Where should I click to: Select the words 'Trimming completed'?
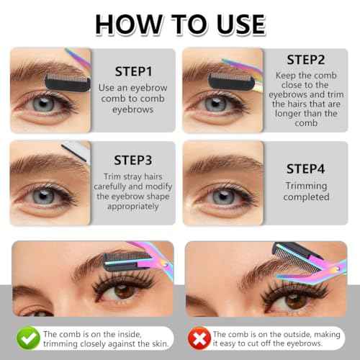[305, 192]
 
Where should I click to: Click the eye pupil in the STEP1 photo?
[44, 104]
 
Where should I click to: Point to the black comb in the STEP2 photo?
[217, 71]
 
